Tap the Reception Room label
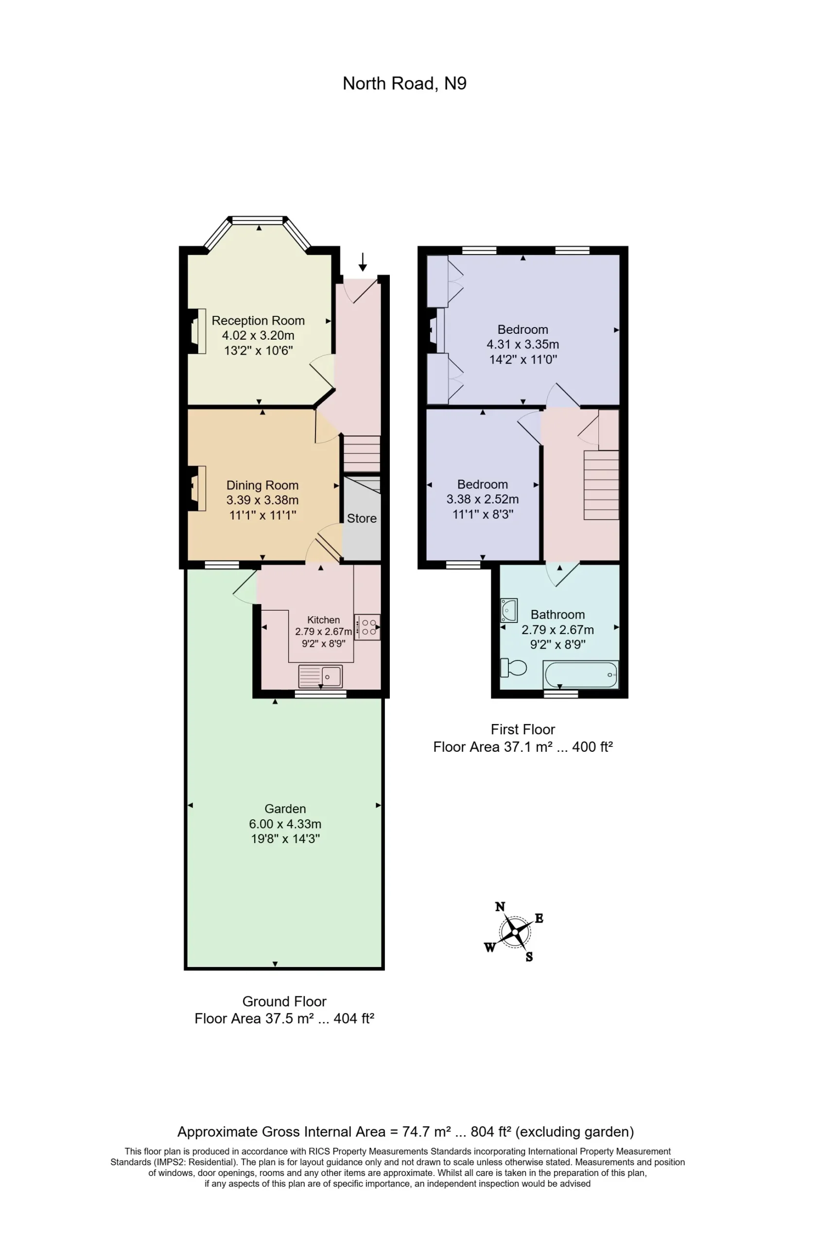258,320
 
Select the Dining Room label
262,485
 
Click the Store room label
362,518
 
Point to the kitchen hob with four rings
367,627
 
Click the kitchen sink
320,676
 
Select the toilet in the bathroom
513,667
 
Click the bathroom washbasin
508,610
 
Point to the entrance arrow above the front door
363,262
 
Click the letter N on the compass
500,907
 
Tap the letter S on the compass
529,957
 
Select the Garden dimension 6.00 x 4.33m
285,824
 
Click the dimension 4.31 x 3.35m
522,345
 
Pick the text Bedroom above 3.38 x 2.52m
483,484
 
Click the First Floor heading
522,730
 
